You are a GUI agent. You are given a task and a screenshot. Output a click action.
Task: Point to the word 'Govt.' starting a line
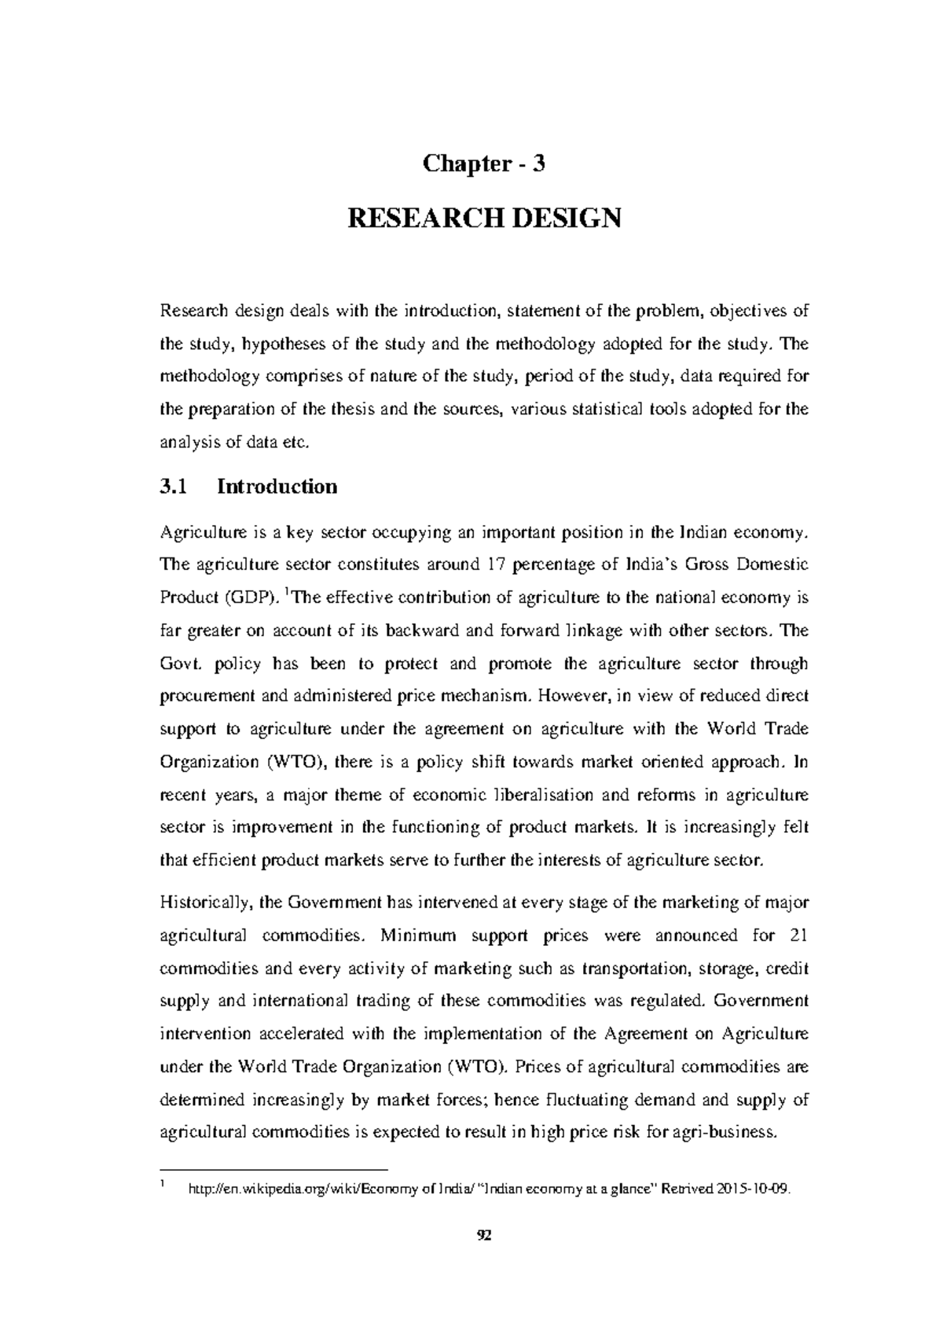click(180, 664)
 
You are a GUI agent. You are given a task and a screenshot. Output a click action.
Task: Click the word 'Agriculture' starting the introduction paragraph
click(199, 532)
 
